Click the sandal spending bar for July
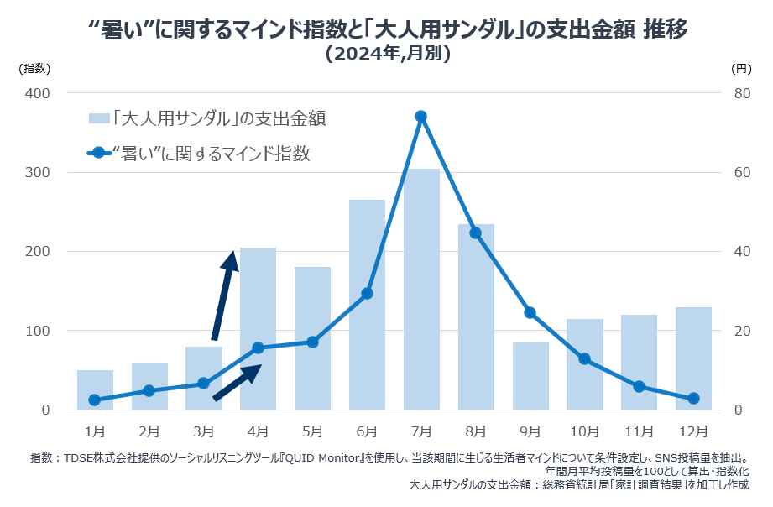421,290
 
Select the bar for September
530,376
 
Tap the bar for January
95,390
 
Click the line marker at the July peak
421,117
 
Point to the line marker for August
475,233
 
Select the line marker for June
367,293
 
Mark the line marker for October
584,359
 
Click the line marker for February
149,390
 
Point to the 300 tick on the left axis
38,172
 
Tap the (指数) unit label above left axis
35,67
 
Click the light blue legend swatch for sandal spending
98,118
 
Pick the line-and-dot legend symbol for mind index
98,153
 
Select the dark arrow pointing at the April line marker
238,382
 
